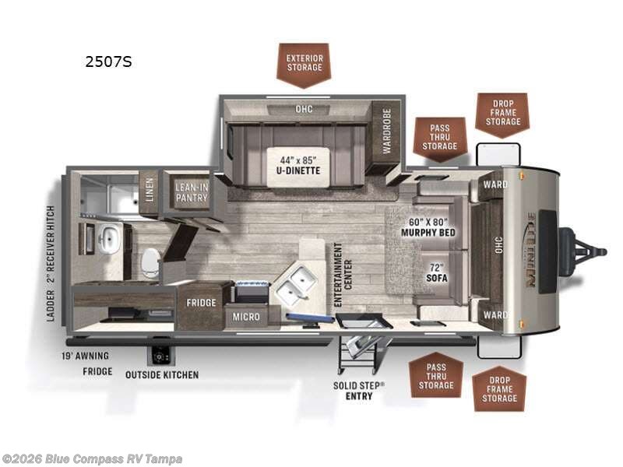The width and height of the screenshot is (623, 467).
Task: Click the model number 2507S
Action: click(108, 62)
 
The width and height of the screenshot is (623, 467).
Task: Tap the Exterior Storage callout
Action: click(304, 62)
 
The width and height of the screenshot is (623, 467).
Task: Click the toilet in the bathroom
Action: click(150, 261)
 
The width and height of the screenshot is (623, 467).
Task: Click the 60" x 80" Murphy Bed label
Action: click(427, 226)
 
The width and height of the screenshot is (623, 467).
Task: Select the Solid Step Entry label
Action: click(359, 391)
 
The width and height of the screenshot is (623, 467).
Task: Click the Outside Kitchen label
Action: click(162, 374)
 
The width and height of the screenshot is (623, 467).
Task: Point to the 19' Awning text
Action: click(86, 356)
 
